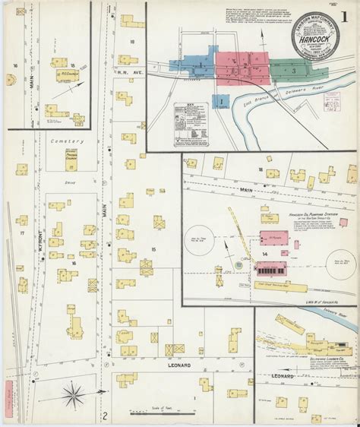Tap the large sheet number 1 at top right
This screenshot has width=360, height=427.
tap(345, 16)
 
